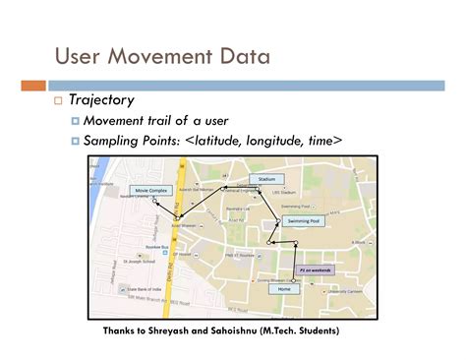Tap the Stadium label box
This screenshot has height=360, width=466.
(266, 180)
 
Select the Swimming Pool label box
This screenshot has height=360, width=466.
(303, 221)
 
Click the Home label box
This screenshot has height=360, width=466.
(285, 289)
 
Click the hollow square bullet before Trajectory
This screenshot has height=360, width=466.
(59, 101)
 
